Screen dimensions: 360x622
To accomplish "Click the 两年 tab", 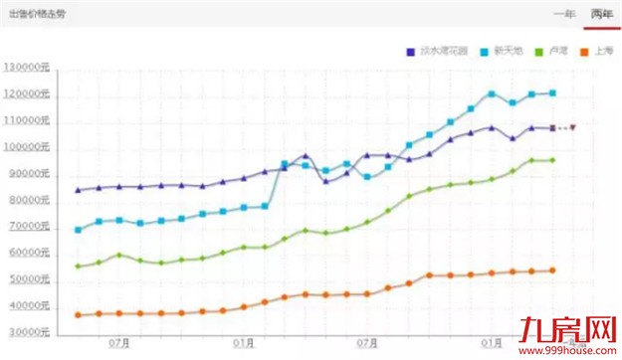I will pyautogui.click(x=600, y=13).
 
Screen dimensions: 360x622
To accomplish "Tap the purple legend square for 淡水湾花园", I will pyautogui.click(x=410, y=51).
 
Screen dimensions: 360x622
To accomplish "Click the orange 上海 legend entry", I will pyautogui.click(x=598, y=51).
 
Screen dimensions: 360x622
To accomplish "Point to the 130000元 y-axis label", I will pyautogui.click(x=28, y=68).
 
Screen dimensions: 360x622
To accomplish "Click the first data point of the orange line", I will pyautogui.click(x=78, y=315).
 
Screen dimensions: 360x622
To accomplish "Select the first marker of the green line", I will pyautogui.click(x=78, y=267).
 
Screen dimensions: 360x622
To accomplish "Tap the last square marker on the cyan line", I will pyautogui.click(x=553, y=93).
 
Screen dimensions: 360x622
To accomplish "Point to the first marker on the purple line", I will pyautogui.click(x=78, y=190).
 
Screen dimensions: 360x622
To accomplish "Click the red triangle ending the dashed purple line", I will pyautogui.click(x=573, y=127).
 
